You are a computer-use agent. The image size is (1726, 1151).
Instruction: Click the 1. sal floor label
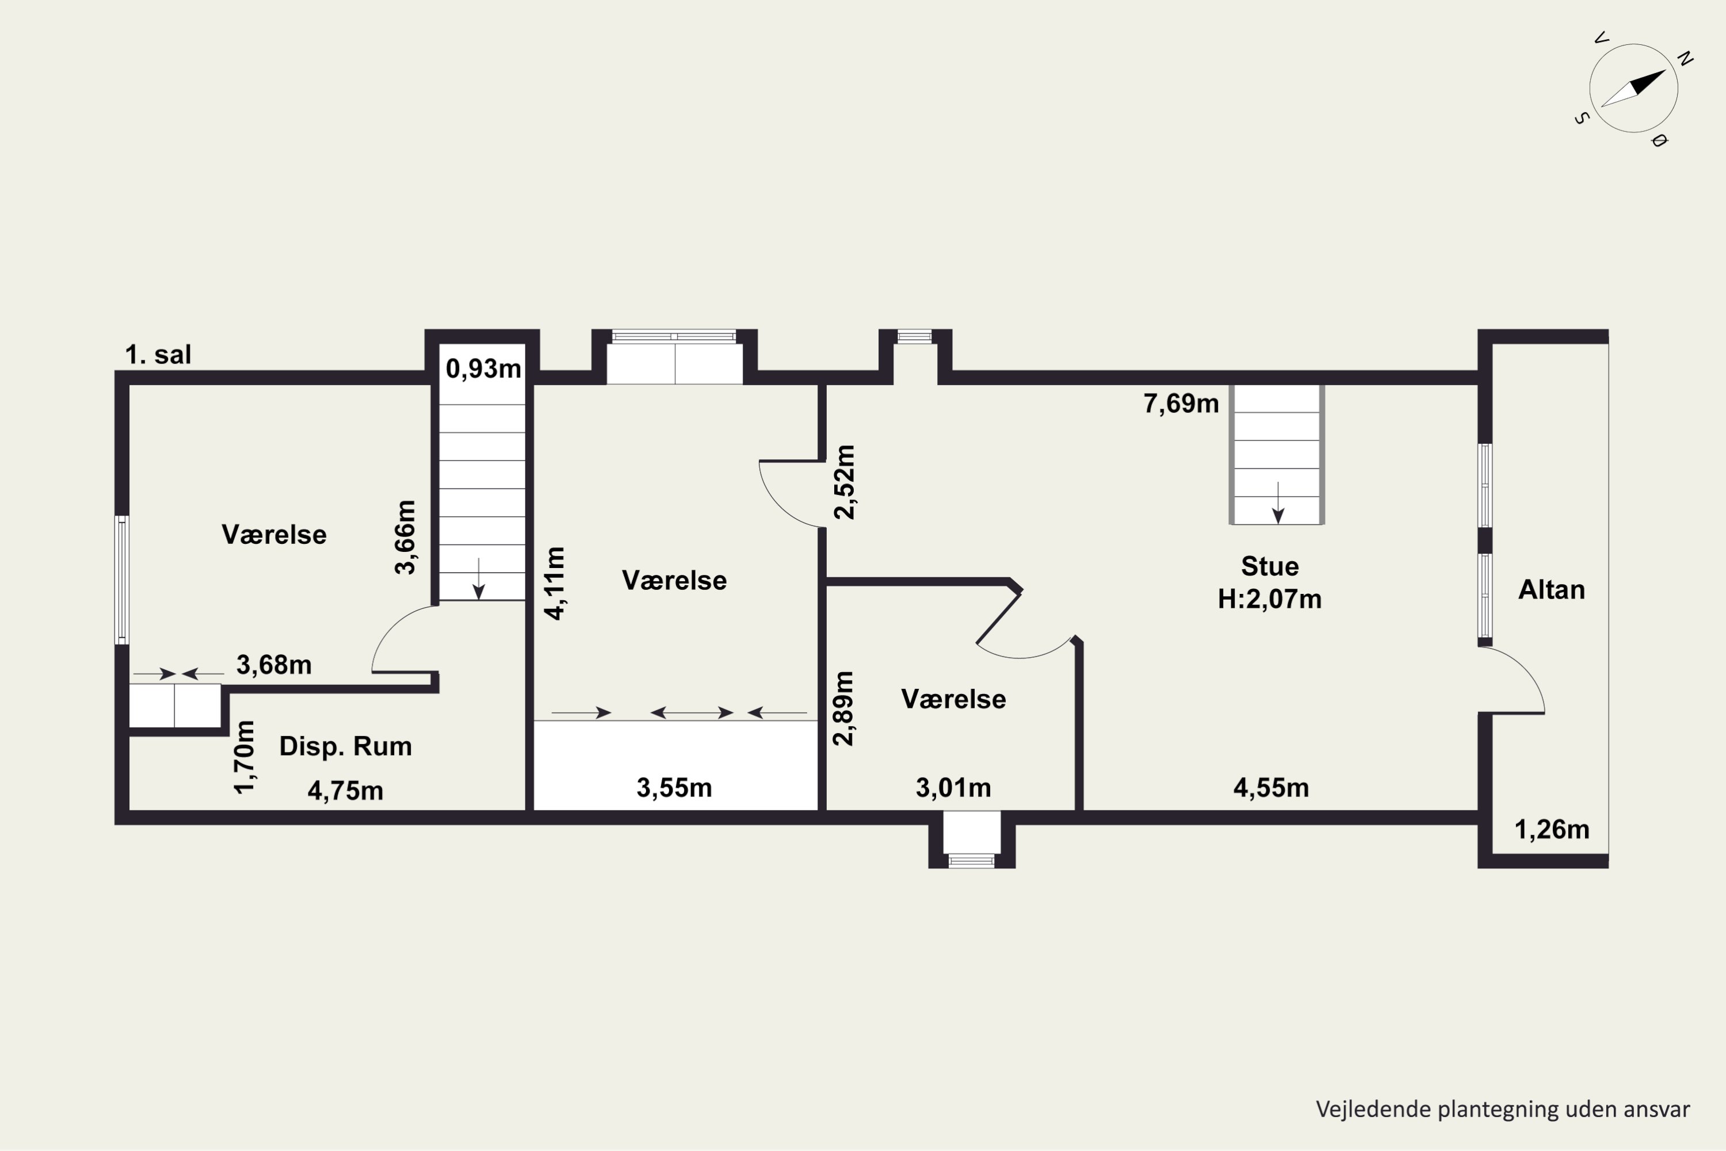coord(158,355)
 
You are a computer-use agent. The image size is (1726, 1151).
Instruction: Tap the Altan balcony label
coord(1551,589)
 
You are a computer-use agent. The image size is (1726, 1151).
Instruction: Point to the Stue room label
coord(1270,566)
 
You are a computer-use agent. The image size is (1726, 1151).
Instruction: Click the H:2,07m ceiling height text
coord(1270,599)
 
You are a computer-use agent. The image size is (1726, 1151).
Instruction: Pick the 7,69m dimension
coord(1181,403)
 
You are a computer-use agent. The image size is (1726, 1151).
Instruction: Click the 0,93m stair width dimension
coord(483,368)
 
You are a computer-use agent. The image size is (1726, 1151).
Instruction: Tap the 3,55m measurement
coord(674,788)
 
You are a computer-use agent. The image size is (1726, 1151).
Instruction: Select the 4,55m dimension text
coord(1271,788)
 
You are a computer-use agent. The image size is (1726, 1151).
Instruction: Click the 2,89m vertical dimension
coord(844,708)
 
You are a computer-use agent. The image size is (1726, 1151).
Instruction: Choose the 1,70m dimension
coord(245,757)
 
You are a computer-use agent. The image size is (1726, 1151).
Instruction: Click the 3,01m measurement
coord(953,788)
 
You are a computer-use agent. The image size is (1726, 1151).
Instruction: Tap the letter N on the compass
coord(1685,58)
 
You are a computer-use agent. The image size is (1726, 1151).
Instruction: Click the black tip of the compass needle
coord(1666,70)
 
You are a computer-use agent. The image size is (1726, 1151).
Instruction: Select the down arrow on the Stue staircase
coord(1278,503)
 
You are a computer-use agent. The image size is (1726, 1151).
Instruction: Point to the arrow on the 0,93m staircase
coord(479,578)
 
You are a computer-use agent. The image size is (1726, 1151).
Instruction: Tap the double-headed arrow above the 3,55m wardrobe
coord(692,712)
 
